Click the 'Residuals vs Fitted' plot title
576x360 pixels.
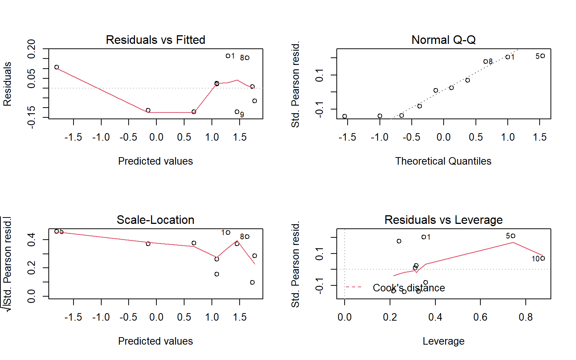coord(155,40)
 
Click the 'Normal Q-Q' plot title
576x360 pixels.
coord(443,40)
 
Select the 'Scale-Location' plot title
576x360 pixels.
coord(155,220)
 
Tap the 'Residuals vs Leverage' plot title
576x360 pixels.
coord(443,220)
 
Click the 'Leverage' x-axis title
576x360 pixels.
coord(443,341)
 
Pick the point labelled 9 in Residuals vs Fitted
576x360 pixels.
coord(237,112)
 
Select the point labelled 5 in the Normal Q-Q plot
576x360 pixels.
coord(543,56)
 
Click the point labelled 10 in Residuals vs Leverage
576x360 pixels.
coord(543,258)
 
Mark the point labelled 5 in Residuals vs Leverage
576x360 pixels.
coord(513,236)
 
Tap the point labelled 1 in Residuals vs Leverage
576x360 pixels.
coord(423,237)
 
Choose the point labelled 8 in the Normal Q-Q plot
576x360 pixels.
coord(485,61)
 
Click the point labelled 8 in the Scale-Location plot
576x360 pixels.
coord(247,237)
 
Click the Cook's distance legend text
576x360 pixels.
coord(409,288)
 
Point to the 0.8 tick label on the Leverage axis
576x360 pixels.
coord(525,317)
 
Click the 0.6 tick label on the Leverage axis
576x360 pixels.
coord(480,317)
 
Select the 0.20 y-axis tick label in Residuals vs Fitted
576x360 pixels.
coord(31,49)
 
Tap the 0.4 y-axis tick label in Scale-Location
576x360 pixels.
coord(31,240)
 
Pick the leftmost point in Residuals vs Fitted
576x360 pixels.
coord(57,67)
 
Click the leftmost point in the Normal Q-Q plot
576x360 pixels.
coord(345,116)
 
